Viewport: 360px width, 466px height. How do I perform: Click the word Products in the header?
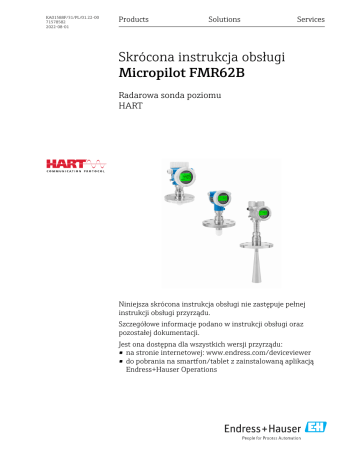[134, 20]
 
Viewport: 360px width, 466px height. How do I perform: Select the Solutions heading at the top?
[224, 20]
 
